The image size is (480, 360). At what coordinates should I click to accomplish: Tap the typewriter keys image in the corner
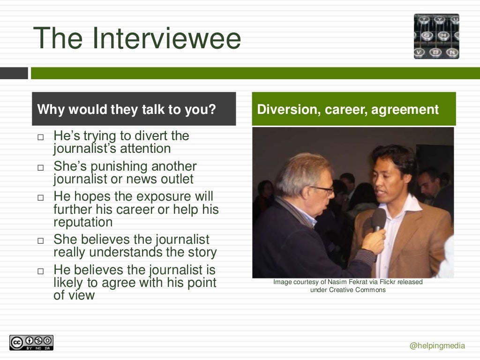point(436,36)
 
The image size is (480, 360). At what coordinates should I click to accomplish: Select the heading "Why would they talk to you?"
point(127,110)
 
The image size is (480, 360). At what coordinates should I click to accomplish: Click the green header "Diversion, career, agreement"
point(348,110)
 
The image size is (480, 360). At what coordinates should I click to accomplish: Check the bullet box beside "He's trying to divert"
point(40,138)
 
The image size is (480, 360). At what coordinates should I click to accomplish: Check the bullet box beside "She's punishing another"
point(40,168)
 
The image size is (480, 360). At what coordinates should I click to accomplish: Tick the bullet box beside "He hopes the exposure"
point(40,198)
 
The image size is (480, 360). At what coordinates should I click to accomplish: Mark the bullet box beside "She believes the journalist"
point(40,241)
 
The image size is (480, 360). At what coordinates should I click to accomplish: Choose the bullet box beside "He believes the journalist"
point(40,271)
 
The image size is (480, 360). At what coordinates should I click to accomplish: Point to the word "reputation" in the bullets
point(83,222)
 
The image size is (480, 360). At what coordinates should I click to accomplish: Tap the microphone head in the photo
point(379,219)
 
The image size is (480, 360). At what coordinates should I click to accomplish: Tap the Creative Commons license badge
point(31,343)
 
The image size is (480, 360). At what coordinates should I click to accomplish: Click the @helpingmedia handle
point(437,346)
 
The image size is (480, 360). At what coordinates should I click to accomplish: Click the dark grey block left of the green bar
point(14,73)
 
